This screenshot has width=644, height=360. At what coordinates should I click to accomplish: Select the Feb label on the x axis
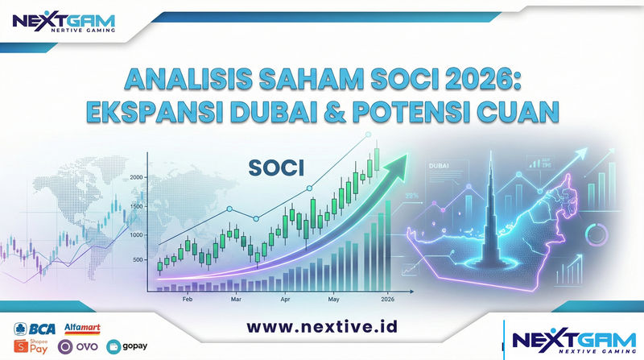pyautogui.click(x=187, y=298)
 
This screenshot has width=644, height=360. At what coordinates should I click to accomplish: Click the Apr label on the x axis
pyautogui.click(x=285, y=298)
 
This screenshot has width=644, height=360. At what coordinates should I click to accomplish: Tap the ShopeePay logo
pyautogui.click(x=31, y=346)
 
